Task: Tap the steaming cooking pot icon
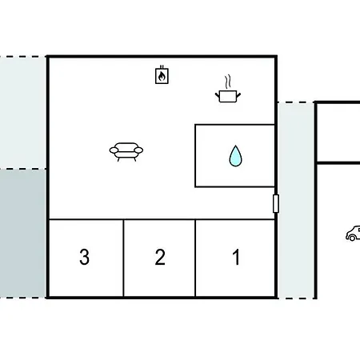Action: (x=228, y=90)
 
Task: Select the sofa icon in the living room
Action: (x=126, y=152)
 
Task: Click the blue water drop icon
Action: (x=235, y=156)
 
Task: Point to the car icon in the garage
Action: (x=354, y=234)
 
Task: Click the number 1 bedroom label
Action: (x=236, y=257)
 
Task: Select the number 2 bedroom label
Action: (x=160, y=257)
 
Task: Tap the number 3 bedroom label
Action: (x=84, y=257)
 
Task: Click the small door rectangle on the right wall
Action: (x=276, y=203)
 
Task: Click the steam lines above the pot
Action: (x=227, y=82)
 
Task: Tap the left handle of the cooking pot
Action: (x=217, y=95)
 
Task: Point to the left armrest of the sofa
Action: (x=114, y=150)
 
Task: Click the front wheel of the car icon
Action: (x=352, y=238)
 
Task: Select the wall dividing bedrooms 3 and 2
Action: (x=123, y=258)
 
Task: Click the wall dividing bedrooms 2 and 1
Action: (x=195, y=258)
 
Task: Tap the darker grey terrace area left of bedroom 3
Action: (x=23, y=234)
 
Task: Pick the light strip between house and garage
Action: (x=296, y=201)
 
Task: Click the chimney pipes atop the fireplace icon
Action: (x=162, y=67)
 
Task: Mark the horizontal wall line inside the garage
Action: (x=338, y=162)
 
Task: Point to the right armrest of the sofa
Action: (x=138, y=150)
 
